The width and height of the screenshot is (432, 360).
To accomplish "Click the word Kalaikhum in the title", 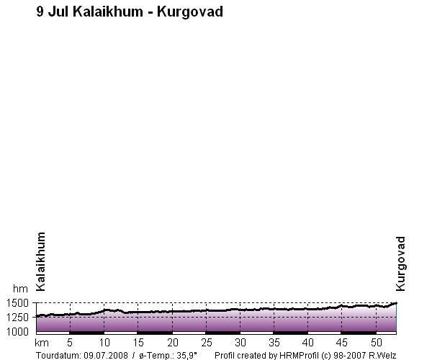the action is [x=108, y=12].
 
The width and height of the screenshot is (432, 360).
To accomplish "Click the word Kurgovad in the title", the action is [x=190, y=12].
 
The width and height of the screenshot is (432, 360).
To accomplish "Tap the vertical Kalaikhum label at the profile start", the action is [x=41, y=261].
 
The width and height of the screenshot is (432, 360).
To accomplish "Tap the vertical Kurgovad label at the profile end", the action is [x=400, y=264].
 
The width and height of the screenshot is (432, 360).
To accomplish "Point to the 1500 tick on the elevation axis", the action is [x=17, y=303].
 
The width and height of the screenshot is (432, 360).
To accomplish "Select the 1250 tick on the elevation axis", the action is [x=17, y=318].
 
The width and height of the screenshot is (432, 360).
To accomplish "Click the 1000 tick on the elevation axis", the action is [x=17, y=332].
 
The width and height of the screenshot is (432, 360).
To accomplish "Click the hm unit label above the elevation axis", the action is [x=20, y=289].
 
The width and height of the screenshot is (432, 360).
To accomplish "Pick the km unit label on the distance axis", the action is [x=42, y=343].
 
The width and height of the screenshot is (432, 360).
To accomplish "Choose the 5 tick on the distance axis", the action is [x=70, y=343].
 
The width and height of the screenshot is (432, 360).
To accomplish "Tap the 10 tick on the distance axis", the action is [x=104, y=343].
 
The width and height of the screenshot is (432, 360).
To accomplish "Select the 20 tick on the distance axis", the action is [x=173, y=343].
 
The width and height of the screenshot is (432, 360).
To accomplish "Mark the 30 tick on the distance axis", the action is [x=240, y=343].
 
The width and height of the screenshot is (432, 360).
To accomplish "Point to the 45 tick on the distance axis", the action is [x=341, y=343].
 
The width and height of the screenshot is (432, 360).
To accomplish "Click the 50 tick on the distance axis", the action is [x=377, y=343].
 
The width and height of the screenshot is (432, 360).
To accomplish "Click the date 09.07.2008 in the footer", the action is [x=106, y=355].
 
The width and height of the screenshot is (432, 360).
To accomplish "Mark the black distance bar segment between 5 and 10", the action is [x=87, y=333].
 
